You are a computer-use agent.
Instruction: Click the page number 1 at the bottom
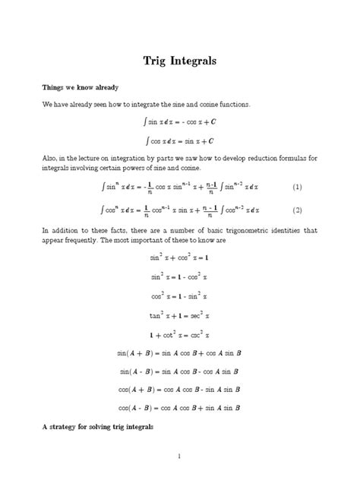tap(179, 456)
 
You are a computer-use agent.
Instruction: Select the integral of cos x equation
tap(179, 140)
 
